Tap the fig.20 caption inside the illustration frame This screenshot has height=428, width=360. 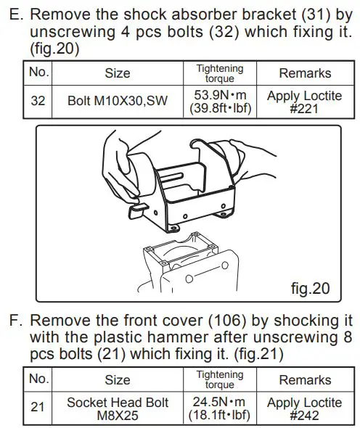310,289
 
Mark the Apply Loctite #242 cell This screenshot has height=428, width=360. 305,408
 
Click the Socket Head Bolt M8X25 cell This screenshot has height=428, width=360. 118,408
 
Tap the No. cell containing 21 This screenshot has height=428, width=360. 38,408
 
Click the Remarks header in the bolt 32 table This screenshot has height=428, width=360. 305,73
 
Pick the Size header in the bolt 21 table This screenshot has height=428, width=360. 118,380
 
